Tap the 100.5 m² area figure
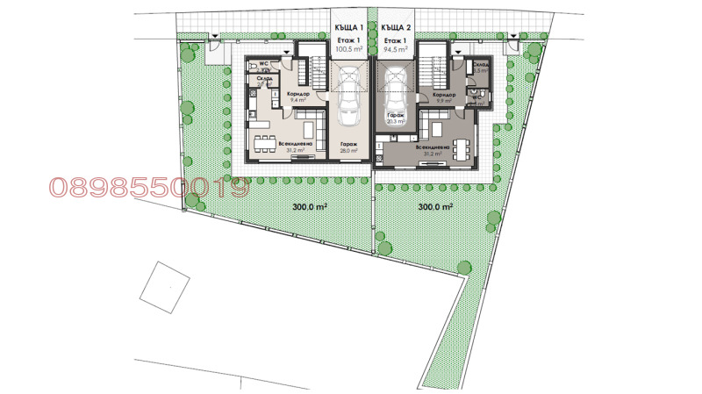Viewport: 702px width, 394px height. tap(348, 50)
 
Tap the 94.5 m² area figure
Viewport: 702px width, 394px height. tap(396, 50)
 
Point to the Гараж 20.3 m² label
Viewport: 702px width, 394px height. tap(393, 119)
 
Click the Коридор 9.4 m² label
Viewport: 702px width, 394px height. tap(297, 97)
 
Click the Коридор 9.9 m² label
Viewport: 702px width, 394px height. tap(444, 97)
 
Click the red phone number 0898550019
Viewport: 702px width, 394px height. tap(149, 187)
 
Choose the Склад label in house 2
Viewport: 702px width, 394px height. tap(480, 66)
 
